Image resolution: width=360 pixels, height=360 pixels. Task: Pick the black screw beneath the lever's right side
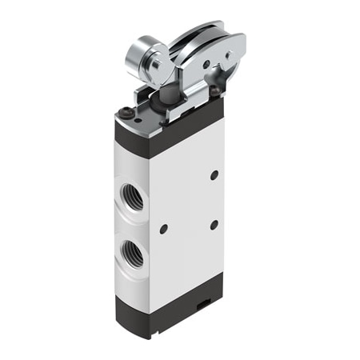pyautogui.click(x=214, y=93)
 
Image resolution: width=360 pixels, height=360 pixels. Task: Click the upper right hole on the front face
pyautogui.click(x=214, y=174)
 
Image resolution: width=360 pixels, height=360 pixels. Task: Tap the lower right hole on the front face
pyautogui.click(x=214, y=226)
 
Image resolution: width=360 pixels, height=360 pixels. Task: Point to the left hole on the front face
pyautogui.click(x=163, y=229)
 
